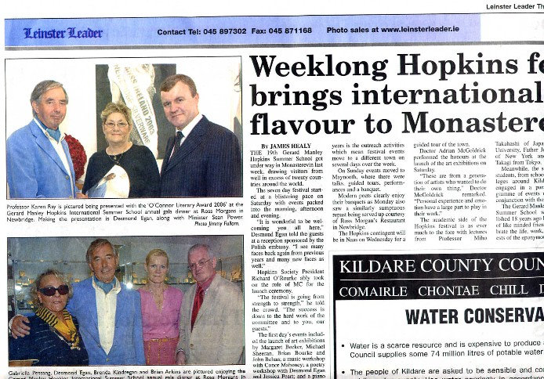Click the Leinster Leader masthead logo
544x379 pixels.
[x=63, y=33]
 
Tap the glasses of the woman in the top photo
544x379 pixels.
[x=116, y=124]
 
